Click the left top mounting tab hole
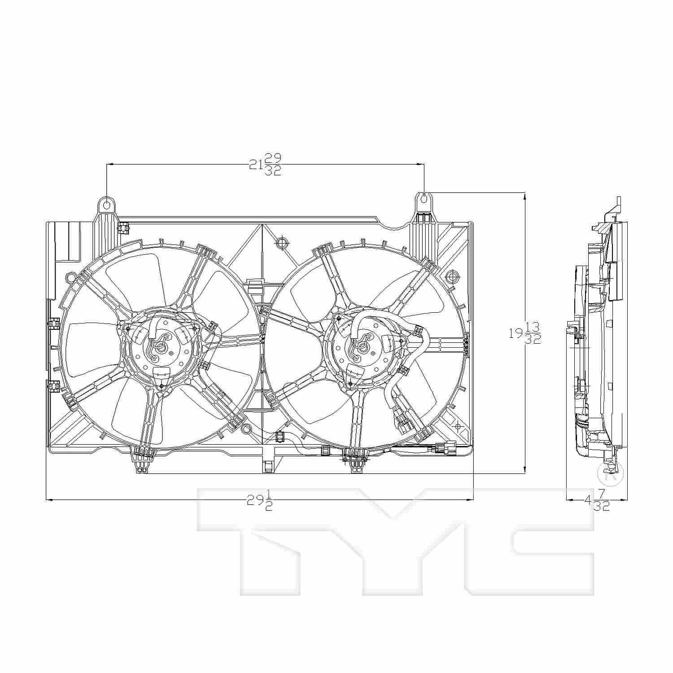tap(107, 205)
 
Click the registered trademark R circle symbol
tap(611, 473)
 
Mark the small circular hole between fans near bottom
tap(245, 429)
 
